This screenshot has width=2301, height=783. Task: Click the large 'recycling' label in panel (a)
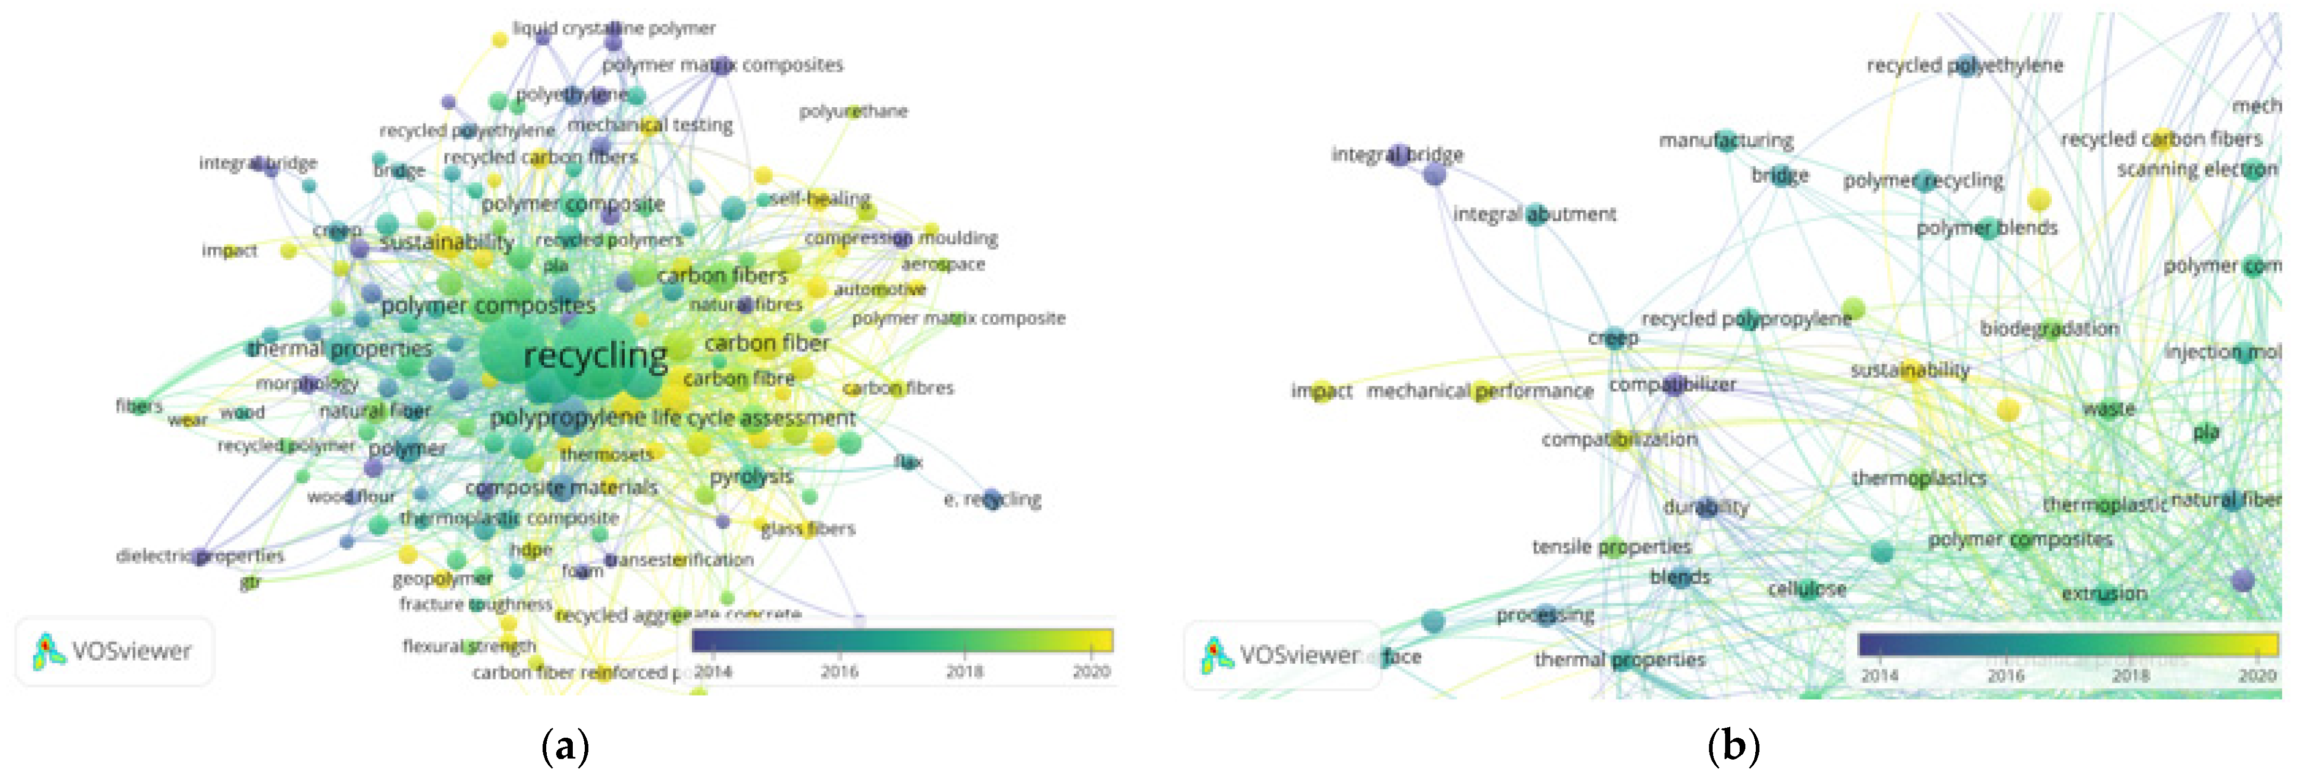point(595,356)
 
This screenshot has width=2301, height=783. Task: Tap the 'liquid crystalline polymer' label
point(614,29)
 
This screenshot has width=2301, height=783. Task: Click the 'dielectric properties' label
point(200,556)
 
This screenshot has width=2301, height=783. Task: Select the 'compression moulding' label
point(901,238)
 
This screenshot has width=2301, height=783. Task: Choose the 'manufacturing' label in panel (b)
point(1726,141)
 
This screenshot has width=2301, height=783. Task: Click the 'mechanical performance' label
point(1480,390)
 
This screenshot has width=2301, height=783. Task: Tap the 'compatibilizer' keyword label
point(1672,384)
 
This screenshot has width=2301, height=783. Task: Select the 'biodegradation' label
point(2049,328)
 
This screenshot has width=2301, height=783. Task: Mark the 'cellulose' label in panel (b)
point(1807,589)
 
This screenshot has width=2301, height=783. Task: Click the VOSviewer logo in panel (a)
point(113,651)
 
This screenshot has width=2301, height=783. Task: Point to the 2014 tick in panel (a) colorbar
point(713,671)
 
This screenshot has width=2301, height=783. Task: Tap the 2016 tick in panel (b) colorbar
point(2006,675)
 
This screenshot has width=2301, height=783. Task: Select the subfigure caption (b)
point(1733,746)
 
